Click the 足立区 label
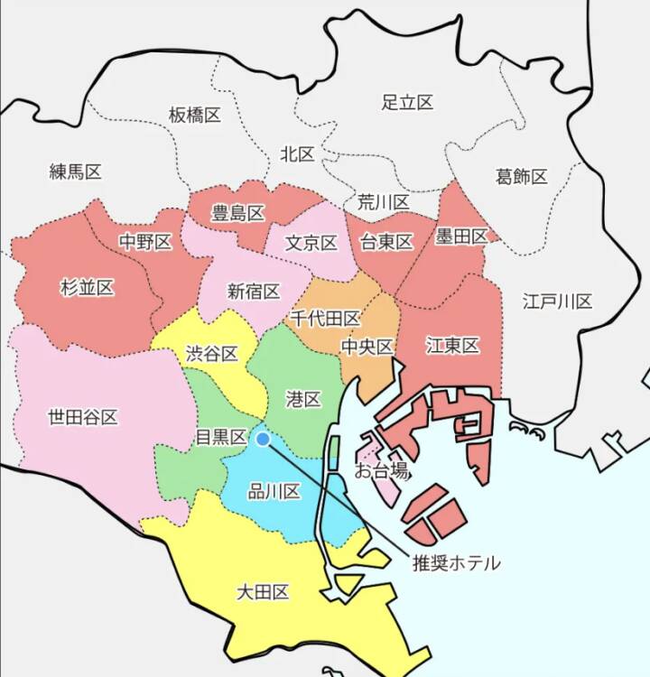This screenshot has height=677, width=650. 407,102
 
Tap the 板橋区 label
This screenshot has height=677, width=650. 194,115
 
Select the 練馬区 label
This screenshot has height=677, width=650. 75,172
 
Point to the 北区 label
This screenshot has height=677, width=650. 297,154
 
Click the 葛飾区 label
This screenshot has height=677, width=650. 521,176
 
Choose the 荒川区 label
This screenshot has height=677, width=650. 383,201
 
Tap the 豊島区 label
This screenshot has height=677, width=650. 237,214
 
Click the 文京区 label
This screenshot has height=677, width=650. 311,243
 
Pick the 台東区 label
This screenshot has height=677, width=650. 385,242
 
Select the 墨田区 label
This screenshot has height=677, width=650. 460,236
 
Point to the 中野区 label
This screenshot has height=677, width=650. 145,242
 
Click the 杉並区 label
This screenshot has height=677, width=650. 87,288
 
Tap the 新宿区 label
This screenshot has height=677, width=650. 253,291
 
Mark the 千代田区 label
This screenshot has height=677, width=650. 325,319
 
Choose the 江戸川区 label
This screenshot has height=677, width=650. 557,301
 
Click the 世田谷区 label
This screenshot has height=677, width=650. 82,417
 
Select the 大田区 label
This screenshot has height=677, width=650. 263,592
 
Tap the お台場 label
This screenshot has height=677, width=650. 380,470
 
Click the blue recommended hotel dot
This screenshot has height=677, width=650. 263,439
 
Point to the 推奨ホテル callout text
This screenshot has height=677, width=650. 455,562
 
